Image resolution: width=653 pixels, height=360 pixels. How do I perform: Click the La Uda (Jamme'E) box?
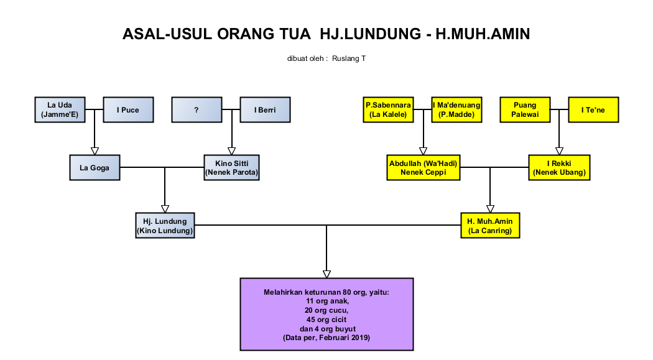click(60, 109)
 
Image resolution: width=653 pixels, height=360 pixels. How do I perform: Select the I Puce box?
click(127, 109)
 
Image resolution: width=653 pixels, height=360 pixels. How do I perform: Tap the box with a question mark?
click(196, 109)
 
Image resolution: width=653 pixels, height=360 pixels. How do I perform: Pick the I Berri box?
click(265, 109)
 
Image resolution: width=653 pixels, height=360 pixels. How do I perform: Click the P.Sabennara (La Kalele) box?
click(388, 109)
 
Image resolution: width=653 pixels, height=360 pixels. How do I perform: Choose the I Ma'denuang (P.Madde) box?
click(456, 109)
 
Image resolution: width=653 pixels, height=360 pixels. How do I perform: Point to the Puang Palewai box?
click(525, 109)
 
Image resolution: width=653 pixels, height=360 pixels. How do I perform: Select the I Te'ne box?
click(593, 109)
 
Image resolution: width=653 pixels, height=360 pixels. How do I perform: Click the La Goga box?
click(95, 167)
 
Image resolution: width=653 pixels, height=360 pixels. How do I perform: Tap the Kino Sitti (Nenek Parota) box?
click(231, 167)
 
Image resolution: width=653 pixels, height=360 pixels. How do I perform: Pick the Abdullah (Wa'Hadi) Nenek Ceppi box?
click(423, 167)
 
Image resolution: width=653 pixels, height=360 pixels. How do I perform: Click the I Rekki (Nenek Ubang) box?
click(559, 167)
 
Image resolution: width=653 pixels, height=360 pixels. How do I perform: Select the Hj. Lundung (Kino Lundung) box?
click(165, 225)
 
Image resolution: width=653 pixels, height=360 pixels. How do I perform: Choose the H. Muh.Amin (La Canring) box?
click(490, 225)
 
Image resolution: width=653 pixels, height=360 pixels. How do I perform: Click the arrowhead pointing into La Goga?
click(95, 150)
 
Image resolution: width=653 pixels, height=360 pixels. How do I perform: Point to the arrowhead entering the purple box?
click(327, 274)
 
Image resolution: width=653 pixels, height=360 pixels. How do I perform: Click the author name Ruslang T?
click(349, 58)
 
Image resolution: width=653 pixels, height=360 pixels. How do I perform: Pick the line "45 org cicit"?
click(327, 319)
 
